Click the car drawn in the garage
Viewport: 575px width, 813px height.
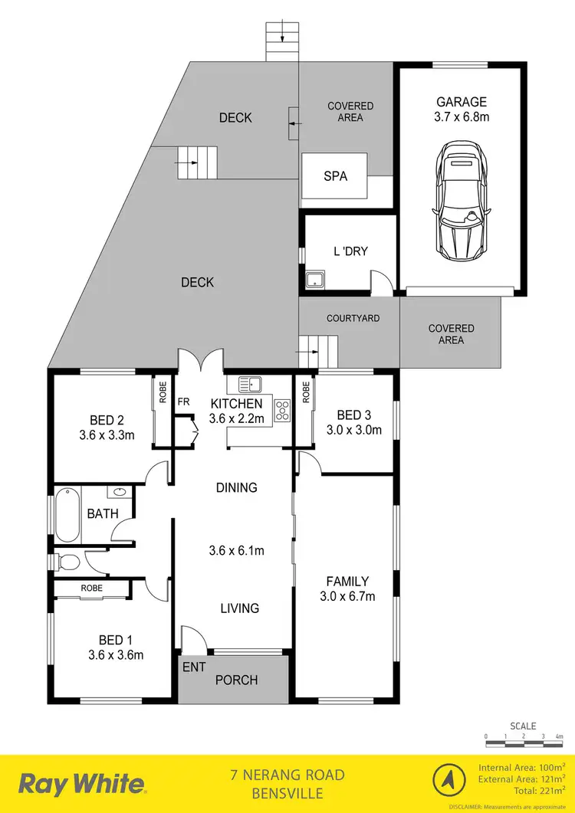click(x=460, y=203)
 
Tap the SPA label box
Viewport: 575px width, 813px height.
click(x=335, y=176)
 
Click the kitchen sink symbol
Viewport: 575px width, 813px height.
click(x=250, y=384)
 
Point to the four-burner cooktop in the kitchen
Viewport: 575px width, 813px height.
click(x=282, y=411)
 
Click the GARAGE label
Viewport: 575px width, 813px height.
click(x=462, y=101)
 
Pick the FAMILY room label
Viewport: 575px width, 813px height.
click(x=347, y=582)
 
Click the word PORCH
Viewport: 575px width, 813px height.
click(x=236, y=680)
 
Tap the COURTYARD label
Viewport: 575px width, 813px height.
click(x=353, y=318)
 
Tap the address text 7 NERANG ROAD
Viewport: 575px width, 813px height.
click(x=287, y=775)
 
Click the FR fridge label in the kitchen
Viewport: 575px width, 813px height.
click(x=184, y=402)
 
